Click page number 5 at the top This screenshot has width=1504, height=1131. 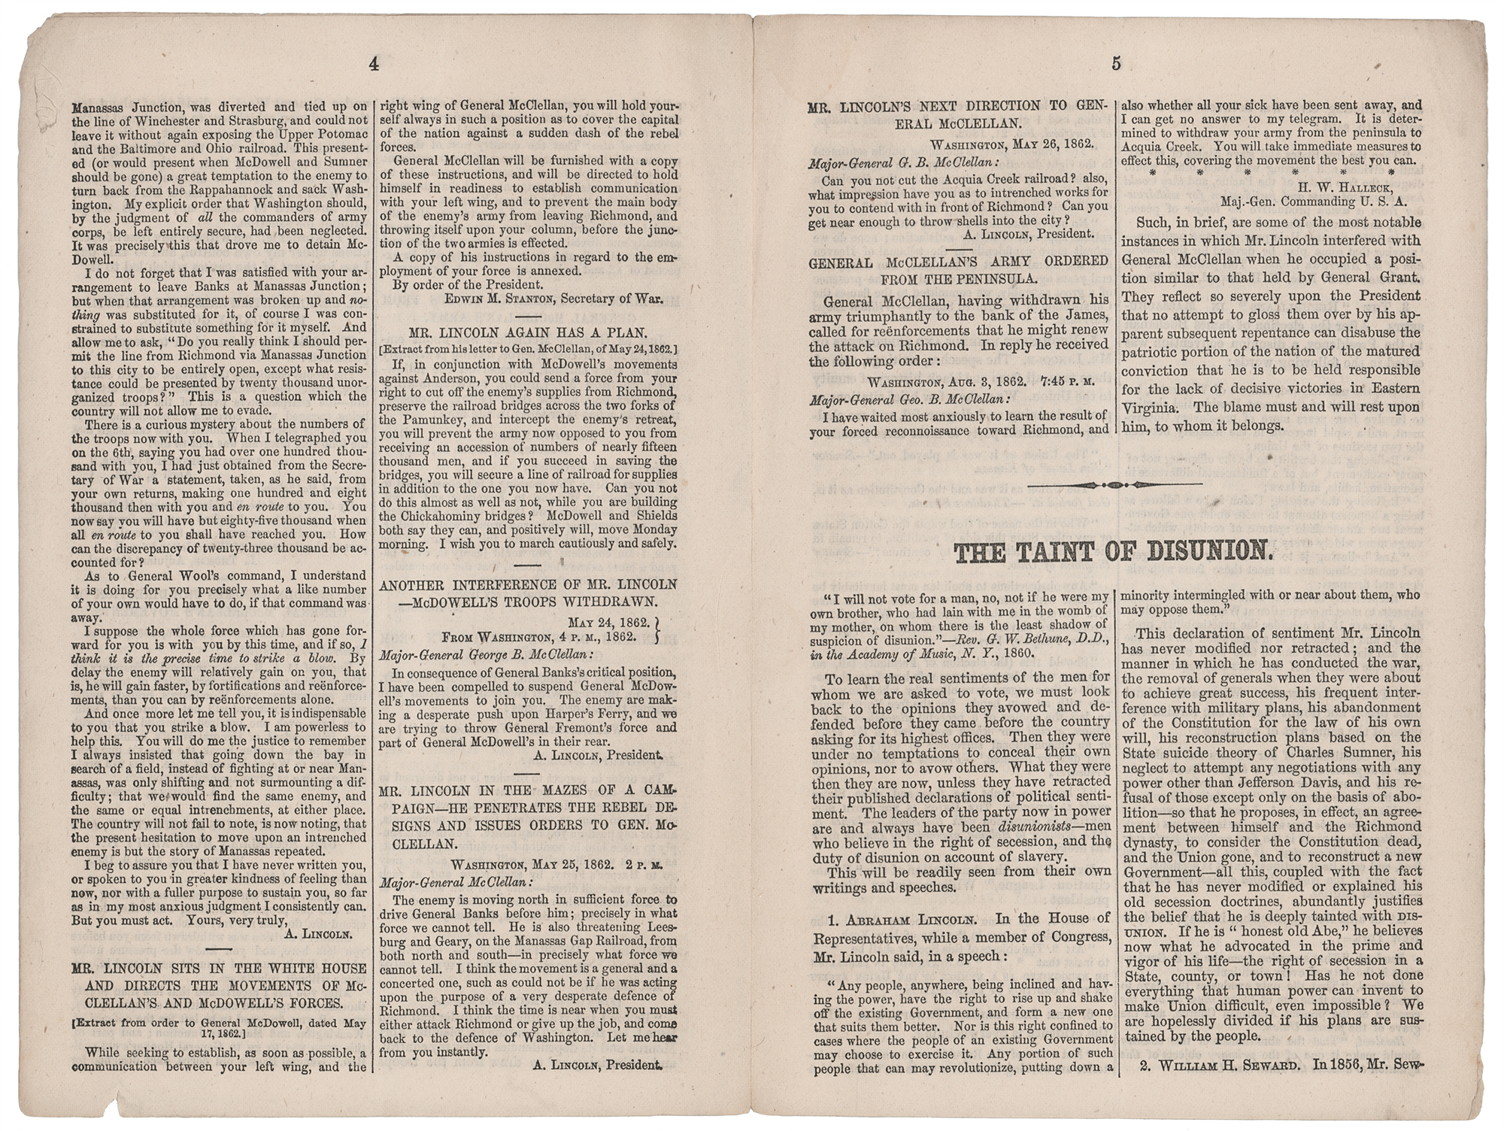(x=1116, y=65)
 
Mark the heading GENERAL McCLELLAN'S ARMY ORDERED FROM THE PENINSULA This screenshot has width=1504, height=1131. (x=958, y=269)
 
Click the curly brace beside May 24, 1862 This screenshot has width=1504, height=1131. (x=660, y=629)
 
